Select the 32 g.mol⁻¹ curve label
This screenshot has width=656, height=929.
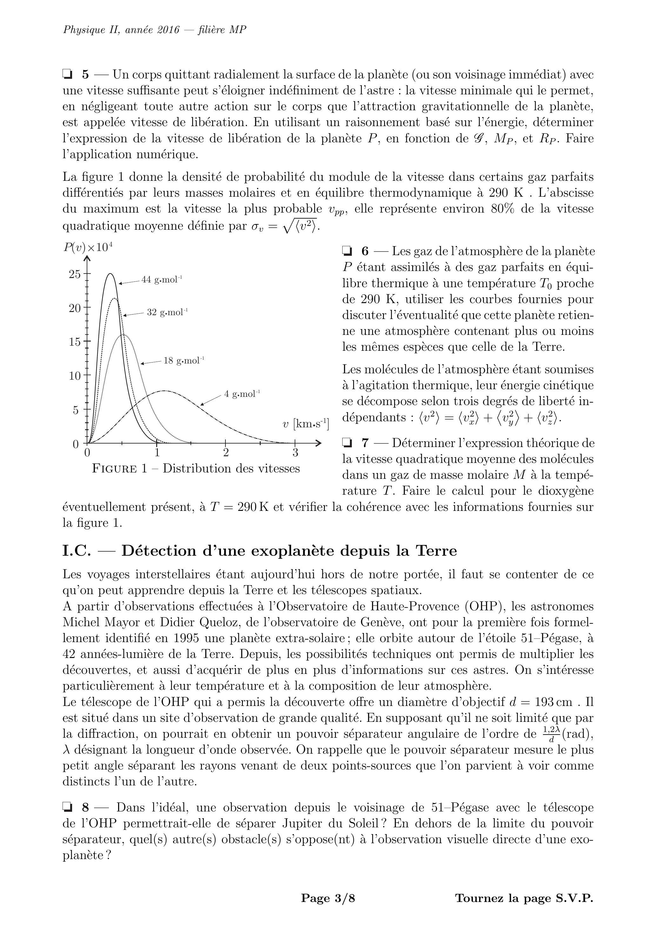click(167, 312)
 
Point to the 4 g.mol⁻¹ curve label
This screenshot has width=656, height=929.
click(242, 394)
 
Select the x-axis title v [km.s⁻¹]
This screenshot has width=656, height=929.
click(306, 424)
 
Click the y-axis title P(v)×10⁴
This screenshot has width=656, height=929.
click(87, 247)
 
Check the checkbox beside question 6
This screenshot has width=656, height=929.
click(347, 251)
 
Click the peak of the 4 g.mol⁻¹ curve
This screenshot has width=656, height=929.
click(164, 390)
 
